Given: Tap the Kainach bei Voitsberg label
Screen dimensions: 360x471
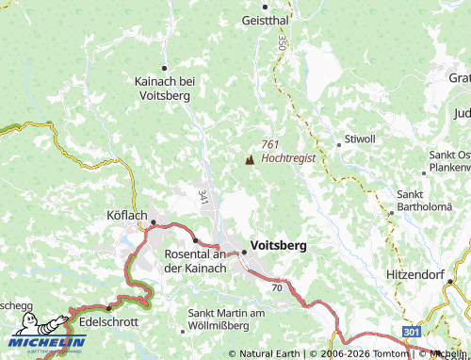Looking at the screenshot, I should point(164,89).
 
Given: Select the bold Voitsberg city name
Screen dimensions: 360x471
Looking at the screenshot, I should point(279,244).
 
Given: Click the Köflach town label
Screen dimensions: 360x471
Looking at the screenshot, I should point(121,215).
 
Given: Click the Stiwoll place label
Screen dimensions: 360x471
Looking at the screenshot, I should point(360,139).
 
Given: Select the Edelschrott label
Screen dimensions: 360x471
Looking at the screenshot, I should point(110,321).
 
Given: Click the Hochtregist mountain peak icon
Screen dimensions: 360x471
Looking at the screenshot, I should point(250,161).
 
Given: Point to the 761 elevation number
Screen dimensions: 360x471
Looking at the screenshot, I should point(270,144).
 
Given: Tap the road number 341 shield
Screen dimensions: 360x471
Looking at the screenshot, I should point(203,196).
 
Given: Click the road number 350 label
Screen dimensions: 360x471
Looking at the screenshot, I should point(282,43).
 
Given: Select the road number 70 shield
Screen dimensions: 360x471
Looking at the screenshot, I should point(277,286).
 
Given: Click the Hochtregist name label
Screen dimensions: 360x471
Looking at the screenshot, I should point(287,158).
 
